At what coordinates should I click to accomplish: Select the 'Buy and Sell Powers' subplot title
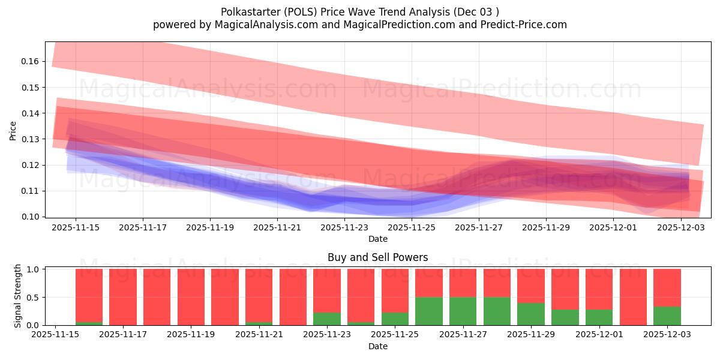377,257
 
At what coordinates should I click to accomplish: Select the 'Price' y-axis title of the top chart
13,130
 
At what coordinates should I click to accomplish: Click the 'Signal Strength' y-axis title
18,296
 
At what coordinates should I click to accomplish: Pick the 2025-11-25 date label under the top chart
412,228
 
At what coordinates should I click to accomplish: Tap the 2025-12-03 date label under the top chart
680,228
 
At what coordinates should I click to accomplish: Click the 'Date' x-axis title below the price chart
377,239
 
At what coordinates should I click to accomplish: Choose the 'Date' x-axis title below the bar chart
377,346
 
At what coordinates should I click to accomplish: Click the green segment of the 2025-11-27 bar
463,311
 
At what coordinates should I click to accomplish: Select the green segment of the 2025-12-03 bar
667,316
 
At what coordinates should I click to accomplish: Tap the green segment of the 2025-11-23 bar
326,319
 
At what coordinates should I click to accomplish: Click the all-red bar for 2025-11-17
123,297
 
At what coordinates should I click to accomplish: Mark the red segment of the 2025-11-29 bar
531,286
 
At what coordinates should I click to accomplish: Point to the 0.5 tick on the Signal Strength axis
34,297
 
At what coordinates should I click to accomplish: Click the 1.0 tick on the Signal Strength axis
34,269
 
